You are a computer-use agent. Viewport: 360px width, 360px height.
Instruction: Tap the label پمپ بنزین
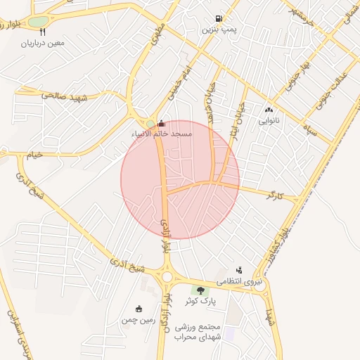click(x=217, y=30)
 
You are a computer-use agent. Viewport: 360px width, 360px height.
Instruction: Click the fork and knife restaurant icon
click(x=43, y=32)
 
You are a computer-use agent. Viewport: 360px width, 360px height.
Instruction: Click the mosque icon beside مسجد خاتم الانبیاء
click(x=162, y=122)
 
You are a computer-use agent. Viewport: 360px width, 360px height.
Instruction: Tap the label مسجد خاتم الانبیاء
click(x=162, y=133)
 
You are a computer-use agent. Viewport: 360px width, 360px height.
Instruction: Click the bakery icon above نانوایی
click(x=269, y=110)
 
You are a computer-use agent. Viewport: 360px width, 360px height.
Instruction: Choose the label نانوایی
click(x=269, y=120)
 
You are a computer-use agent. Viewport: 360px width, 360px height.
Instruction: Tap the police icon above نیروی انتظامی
click(x=240, y=269)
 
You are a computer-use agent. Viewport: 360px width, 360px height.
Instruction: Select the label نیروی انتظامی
click(x=239, y=281)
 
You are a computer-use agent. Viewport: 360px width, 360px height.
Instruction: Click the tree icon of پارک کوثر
click(x=200, y=290)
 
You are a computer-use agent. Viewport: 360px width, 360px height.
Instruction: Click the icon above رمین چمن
click(x=139, y=308)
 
